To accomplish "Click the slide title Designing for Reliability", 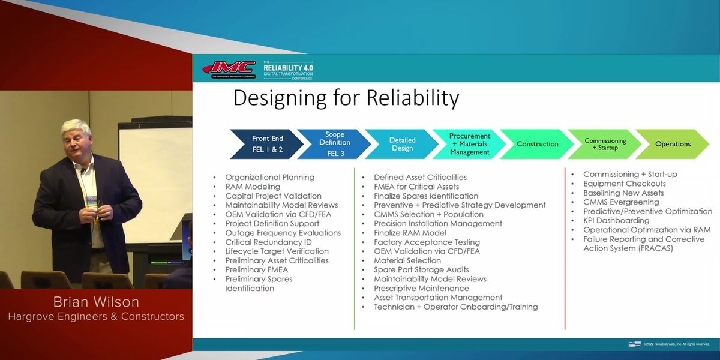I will (346, 98).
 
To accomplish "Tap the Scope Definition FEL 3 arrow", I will (334, 143).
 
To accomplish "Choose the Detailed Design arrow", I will (402, 144).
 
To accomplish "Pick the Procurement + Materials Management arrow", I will (470, 144).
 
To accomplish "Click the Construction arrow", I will (537, 144).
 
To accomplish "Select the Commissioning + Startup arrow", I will (605, 144).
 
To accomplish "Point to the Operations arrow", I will (673, 144).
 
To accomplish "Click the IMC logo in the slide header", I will (229, 69).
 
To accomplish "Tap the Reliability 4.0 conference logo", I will (288, 69).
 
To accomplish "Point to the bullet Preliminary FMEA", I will (256, 269).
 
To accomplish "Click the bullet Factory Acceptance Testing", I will (427, 242).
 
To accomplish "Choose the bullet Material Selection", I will (407, 260).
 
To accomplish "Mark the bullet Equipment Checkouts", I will (624, 184).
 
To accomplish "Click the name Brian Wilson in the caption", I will (96, 301).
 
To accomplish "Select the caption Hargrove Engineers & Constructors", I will (96, 316).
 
